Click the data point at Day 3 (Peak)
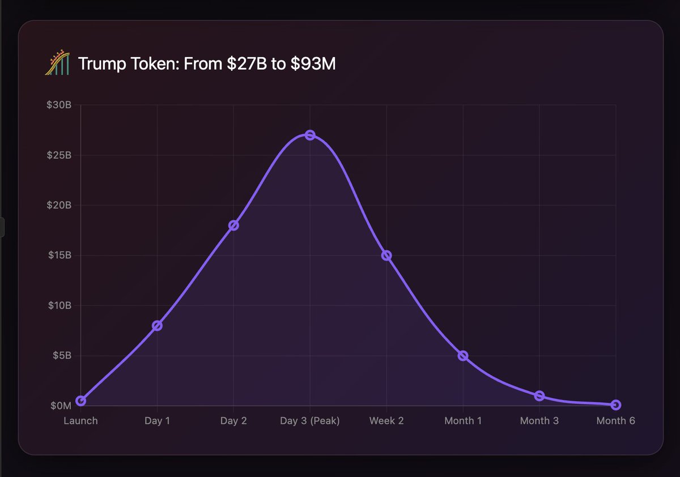coord(310,135)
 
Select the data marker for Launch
coord(81,401)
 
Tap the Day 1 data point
coord(157,326)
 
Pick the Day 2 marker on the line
coord(233,225)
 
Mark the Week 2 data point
coord(386,255)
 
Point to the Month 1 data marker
coord(463,356)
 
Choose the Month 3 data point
coord(539,396)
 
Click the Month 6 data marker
coord(616,405)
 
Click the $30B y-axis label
coord(59,105)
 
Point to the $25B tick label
coord(59,155)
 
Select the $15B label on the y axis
coord(59,255)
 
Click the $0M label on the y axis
coord(61,406)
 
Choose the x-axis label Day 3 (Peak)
coord(310,421)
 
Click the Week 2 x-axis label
coord(386,421)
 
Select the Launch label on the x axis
coord(80,421)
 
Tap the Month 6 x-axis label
coord(616,421)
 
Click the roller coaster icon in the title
coord(57,63)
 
